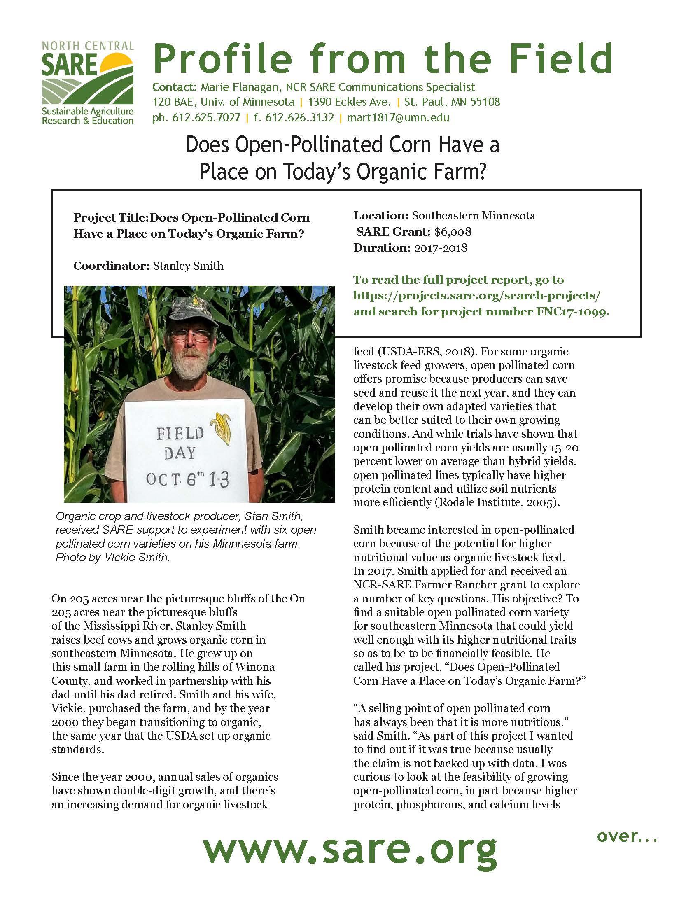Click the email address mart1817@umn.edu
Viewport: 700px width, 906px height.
click(x=398, y=118)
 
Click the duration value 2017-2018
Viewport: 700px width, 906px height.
click(x=439, y=248)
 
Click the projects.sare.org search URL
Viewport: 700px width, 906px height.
click(x=477, y=296)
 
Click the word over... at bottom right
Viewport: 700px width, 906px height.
click(x=627, y=836)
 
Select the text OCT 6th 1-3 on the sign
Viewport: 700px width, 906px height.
click(x=188, y=480)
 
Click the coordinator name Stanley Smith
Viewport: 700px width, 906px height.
click(x=188, y=266)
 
